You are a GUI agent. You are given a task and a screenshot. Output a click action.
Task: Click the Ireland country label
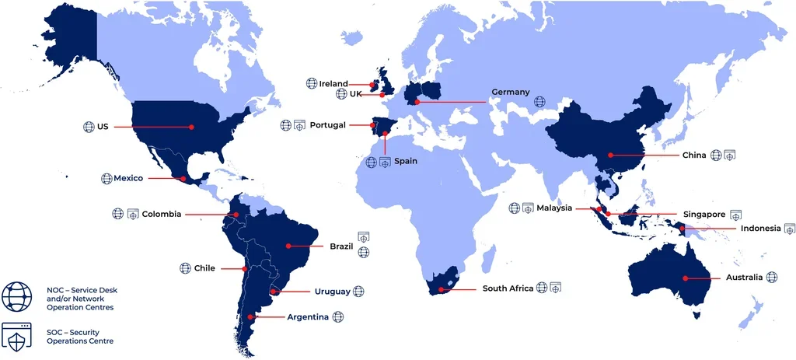pyautogui.click(x=333, y=84)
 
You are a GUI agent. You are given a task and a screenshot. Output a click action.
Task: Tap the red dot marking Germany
pyautogui.click(x=417, y=102)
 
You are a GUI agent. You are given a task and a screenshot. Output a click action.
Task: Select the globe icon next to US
pyautogui.click(x=89, y=126)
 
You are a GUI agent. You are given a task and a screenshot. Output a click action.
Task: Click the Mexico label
pyautogui.click(x=128, y=178)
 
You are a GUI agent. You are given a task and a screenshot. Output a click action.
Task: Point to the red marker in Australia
pyautogui.click(x=686, y=278)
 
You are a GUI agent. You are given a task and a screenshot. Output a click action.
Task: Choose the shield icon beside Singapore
pyautogui.click(x=736, y=214)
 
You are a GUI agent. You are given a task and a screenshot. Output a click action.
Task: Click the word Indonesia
pyautogui.click(x=761, y=229)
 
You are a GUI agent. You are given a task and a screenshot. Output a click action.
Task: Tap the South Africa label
pyautogui.click(x=508, y=288)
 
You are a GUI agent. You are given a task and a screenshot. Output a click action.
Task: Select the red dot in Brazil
pyautogui.click(x=288, y=246)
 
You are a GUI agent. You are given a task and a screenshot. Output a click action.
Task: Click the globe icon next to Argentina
pyautogui.click(x=337, y=316)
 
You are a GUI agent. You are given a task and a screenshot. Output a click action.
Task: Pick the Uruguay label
pyautogui.click(x=332, y=292)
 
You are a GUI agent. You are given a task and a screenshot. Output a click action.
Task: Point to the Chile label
pyautogui.click(x=204, y=268)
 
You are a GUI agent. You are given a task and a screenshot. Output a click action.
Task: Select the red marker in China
pyautogui.click(x=611, y=155)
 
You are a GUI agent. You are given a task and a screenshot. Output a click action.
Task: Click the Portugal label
pyautogui.click(x=327, y=125)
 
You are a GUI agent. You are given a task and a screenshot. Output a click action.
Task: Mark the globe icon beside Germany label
pyautogui.click(x=539, y=101)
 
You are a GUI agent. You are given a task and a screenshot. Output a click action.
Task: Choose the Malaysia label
pyautogui.click(x=555, y=208)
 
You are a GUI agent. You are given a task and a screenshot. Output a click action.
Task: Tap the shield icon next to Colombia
pyautogui.click(x=132, y=213)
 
